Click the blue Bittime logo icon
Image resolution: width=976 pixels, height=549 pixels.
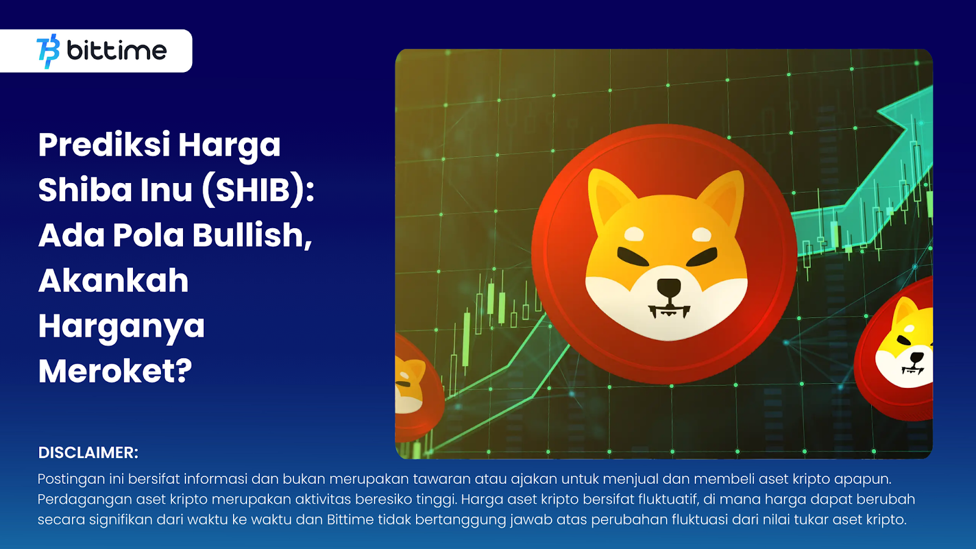[x=48, y=51]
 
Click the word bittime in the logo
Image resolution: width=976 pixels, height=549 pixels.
[x=117, y=50]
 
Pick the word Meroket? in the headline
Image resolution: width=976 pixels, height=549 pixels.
[x=115, y=371]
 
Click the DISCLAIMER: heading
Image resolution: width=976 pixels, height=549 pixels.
[x=88, y=453]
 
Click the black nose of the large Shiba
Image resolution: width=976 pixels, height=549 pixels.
[x=669, y=287]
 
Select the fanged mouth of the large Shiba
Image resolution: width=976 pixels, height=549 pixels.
[x=669, y=311]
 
